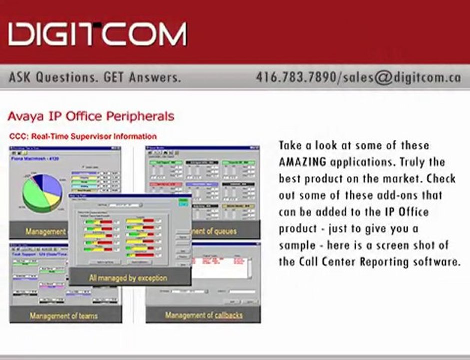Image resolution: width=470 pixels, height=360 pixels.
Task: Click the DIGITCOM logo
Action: point(98,34)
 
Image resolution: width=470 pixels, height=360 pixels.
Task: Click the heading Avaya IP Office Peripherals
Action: point(91,116)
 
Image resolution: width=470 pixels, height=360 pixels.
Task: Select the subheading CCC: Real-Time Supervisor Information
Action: point(83,136)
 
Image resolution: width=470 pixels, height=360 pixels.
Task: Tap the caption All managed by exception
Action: point(128,277)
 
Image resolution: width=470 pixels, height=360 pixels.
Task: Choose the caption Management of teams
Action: point(64,315)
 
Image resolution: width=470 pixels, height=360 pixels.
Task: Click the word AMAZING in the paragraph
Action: point(302,162)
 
